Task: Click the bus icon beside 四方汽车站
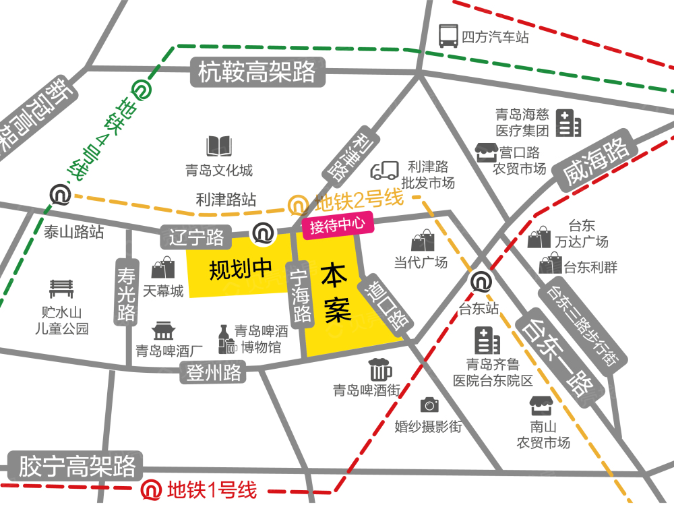point(448,35)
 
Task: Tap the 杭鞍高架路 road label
point(257,71)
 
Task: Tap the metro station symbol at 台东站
point(481,281)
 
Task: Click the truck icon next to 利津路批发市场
point(385,171)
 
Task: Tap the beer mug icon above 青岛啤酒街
point(379,369)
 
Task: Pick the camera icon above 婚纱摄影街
point(429,405)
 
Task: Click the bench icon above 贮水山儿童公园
point(61,289)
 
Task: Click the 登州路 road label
point(214,372)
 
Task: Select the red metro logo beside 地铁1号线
point(151,489)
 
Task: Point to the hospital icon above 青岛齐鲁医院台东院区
point(487,340)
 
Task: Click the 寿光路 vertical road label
point(126,293)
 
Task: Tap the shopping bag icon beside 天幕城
point(163,268)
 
